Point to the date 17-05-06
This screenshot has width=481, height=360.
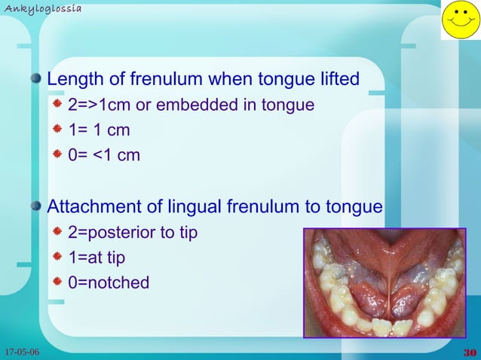[x=22, y=352]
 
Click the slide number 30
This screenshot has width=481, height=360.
[x=468, y=352]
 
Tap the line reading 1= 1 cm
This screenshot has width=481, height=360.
[x=100, y=130]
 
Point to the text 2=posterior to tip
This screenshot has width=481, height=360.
[x=133, y=233]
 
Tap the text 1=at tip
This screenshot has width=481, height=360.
[x=97, y=258]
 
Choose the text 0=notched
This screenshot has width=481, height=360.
[x=109, y=283]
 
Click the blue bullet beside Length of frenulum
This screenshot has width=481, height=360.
[x=36, y=78]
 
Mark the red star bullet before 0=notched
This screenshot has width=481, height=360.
[x=58, y=282]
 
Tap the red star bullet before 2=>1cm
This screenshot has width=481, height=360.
[x=58, y=104]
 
